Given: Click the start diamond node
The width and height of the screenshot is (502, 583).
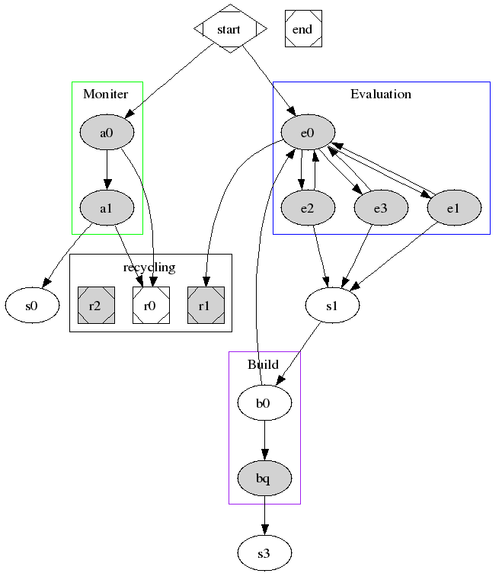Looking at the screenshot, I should coord(229,29).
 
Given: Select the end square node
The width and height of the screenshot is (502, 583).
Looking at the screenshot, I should coord(302,29).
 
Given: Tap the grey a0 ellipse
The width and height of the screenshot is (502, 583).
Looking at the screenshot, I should coord(107,133).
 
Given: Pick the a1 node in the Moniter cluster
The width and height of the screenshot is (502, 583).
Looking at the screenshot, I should coord(107,207).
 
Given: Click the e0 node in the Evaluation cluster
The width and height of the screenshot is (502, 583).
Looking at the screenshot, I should coord(308,133).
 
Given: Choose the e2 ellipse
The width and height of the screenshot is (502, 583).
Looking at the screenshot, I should coord(308,207).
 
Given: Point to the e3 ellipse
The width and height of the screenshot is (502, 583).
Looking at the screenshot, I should coord(381,207).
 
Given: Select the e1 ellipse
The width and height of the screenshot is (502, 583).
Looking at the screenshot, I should coord(454,207).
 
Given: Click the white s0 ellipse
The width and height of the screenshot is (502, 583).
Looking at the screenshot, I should coord(32,306).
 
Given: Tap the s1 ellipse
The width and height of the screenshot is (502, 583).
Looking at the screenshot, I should coord(332,306).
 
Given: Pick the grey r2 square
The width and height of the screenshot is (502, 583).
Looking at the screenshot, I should coord(95,306).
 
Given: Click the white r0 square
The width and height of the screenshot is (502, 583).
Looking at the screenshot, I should coord(150,306).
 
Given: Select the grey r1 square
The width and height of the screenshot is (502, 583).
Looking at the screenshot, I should coord(205,306).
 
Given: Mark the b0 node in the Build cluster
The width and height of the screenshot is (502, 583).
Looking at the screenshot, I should coord(264,403).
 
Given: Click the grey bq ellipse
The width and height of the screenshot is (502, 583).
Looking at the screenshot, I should coord(264,478).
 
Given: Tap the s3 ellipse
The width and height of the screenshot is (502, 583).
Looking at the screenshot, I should coord(264,553).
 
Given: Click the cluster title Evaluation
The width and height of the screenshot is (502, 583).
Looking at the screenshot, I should coord(380,94).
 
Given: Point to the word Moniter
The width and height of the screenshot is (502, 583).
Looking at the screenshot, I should coord(105,94).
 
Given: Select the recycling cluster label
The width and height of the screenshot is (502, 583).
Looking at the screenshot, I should coord(149,267).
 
